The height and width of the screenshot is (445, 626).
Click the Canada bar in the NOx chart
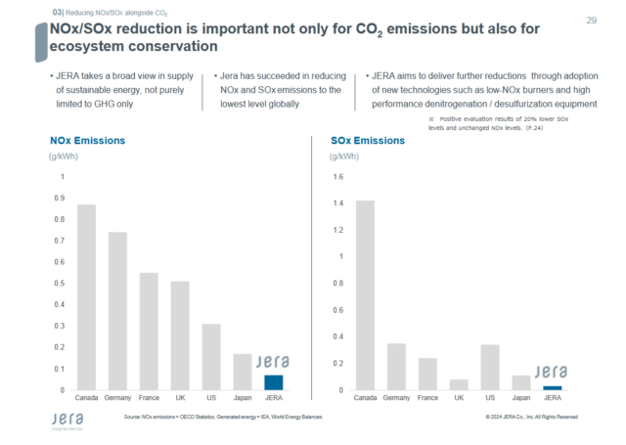(x=86, y=297)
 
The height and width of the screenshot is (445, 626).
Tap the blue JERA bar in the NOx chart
(x=274, y=382)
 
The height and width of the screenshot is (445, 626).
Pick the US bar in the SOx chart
(x=490, y=367)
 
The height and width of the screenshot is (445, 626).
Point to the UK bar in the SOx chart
(x=459, y=384)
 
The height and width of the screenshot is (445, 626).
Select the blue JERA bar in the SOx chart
(x=553, y=388)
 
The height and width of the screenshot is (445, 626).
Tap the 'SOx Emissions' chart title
(x=367, y=141)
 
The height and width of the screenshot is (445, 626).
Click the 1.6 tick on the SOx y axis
(x=338, y=177)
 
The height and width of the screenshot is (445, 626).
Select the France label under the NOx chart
(x=149, y=398)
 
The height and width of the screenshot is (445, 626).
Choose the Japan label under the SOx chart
(x=521, y=398)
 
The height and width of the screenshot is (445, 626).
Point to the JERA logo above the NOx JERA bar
(x=273, y=361)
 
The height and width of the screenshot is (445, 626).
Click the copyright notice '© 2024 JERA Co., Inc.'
(x=531, y=417)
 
